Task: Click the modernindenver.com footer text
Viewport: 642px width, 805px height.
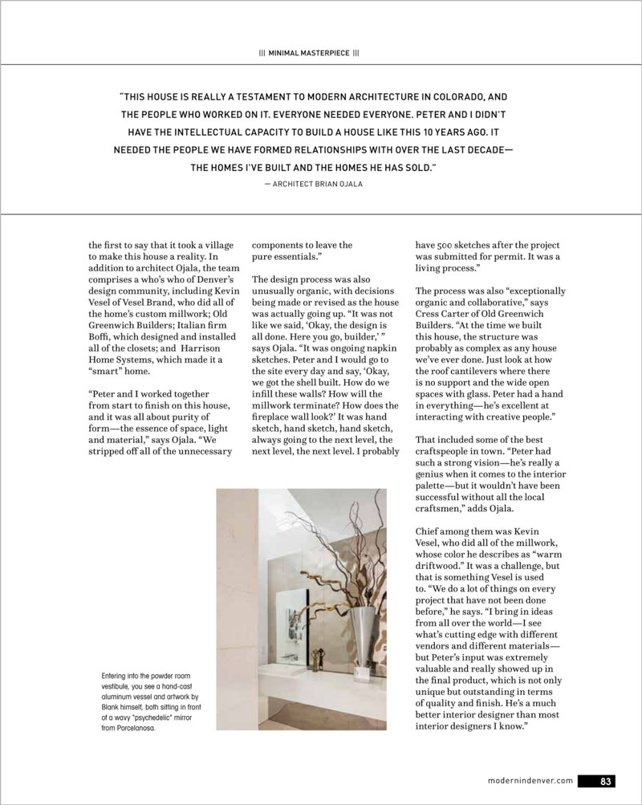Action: (x=530, y=779)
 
